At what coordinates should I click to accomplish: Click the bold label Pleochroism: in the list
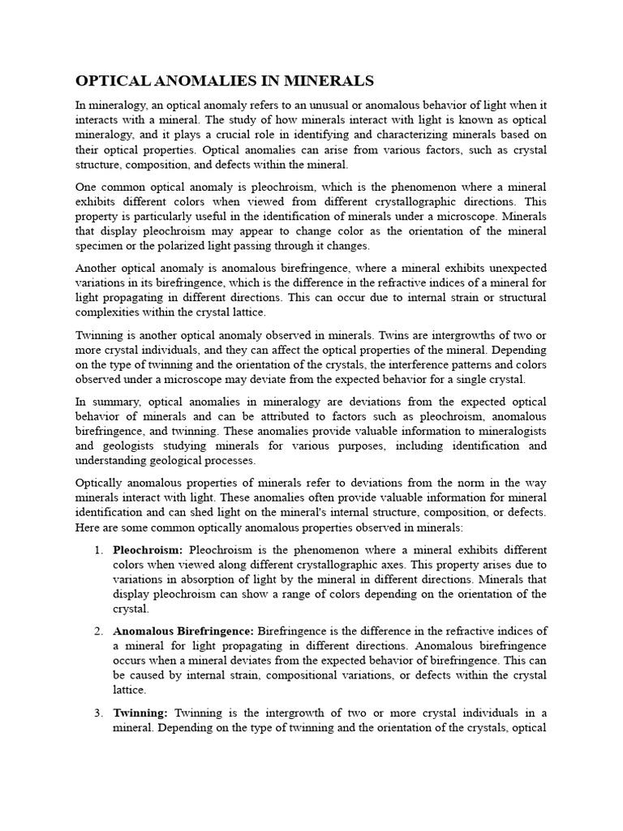pos(148,550)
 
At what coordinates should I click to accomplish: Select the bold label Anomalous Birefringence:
pos(183,631)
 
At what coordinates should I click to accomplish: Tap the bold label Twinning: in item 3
pos(140,713)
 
